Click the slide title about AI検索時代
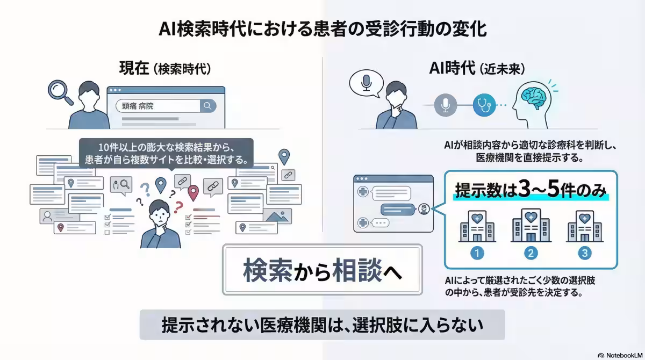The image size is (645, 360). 322,28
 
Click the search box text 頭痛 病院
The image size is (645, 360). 138,106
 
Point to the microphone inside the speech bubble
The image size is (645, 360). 367,84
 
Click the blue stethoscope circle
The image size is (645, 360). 483,105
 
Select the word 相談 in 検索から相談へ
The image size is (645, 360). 357,269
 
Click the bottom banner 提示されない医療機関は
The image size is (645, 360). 322,325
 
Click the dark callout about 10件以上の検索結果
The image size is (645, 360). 166,153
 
